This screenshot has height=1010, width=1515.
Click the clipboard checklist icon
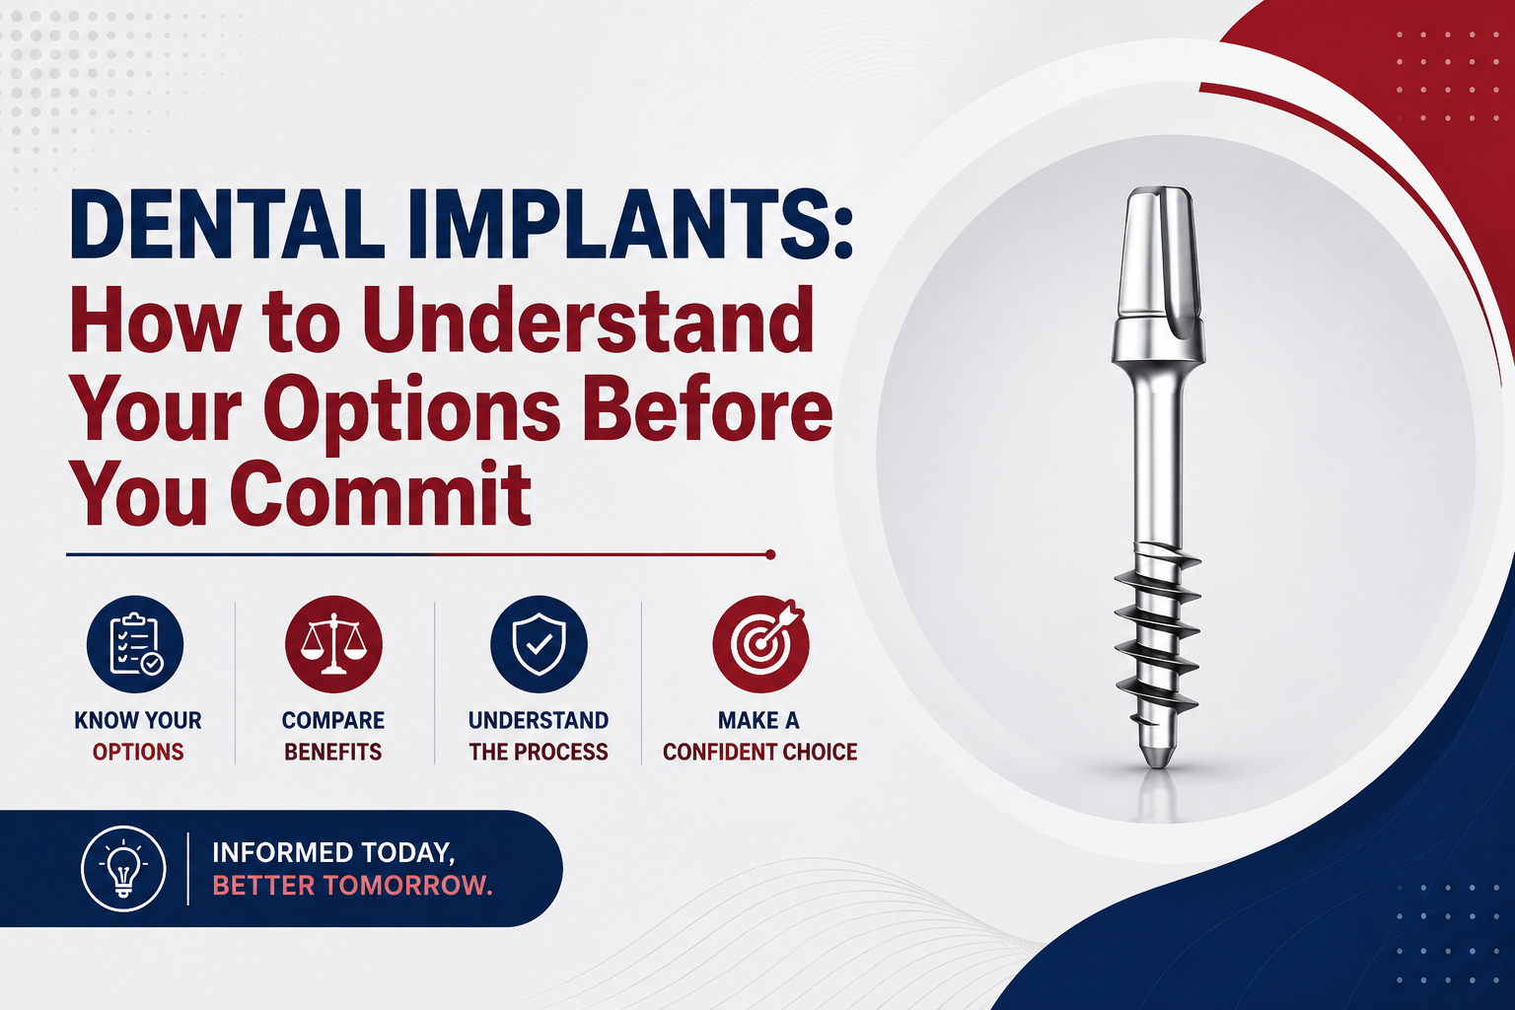[x=135, y=644]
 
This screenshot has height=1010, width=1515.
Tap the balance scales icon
[x=333, y=644]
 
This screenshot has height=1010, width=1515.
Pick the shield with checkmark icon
[x=539, y=644]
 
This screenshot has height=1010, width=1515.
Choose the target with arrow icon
[x=760, y=644]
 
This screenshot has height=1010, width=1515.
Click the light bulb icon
[x=123, y=869]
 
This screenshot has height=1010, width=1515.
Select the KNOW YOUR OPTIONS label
[x=138, y=736]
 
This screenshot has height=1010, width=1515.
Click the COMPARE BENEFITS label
[x=333, y=736]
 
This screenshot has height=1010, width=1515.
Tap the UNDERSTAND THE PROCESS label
[x=539, y=736]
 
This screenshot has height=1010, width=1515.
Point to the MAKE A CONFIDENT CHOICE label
[x=760, y=736]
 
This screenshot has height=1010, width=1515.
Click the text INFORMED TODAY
[x=333, y=853]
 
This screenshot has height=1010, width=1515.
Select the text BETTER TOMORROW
[x=352, y=885]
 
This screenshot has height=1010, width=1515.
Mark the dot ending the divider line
[x=770, y=554]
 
